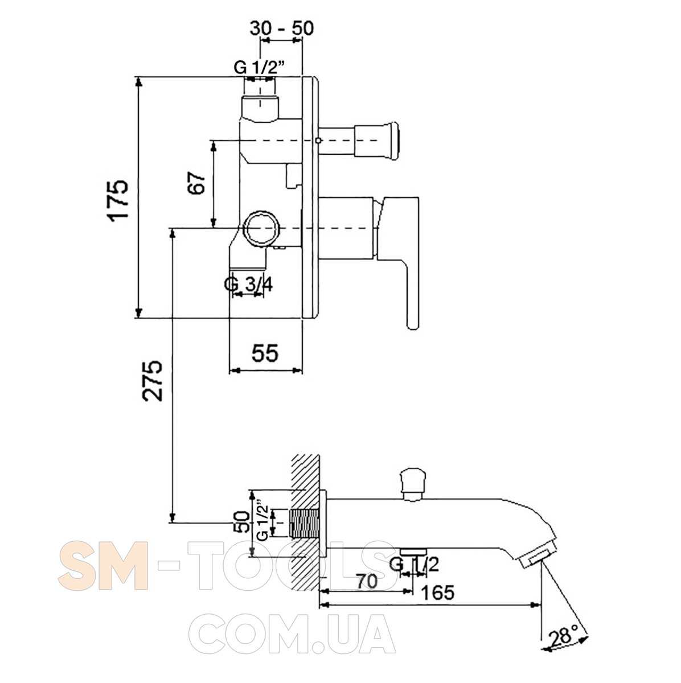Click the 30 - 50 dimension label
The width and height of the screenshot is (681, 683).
click(x=282, y=28)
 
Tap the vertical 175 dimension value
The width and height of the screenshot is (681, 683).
click(x=118, y=201)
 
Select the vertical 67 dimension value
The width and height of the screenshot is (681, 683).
click(x=196, y=183)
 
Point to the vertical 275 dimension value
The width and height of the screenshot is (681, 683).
click(x=152, y=381)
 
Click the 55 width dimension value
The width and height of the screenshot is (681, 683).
click(x=265, y=353)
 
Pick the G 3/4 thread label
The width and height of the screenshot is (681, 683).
click(x=248, y=285)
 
